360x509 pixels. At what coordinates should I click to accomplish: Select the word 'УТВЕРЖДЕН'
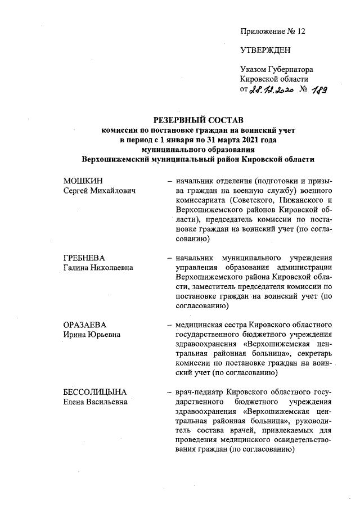click(x=265, y=50)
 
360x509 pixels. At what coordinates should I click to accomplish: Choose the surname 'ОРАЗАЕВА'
click(x=85, y=325)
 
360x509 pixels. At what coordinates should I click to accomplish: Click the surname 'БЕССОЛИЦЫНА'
click(x=94, y=392)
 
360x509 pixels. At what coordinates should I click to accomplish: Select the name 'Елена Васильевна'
click(x=94, y=402)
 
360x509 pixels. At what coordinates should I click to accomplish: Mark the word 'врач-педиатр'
click(x=197, y=392)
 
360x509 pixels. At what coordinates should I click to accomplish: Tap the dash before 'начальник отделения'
click(x=169, y=182)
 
